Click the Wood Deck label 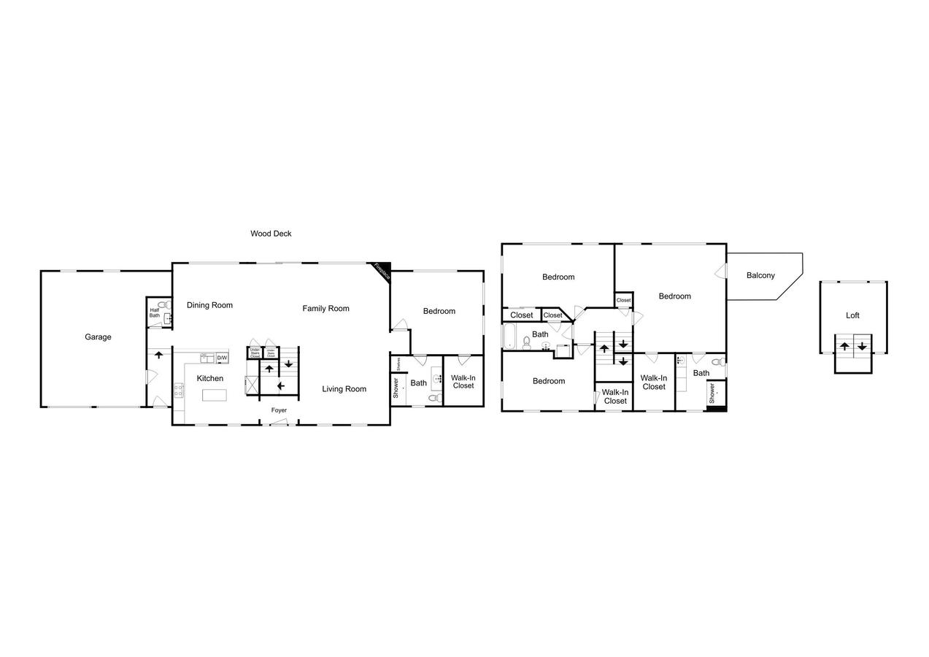pos(271,234)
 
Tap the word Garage pos(98,337)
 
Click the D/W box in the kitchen pos(222,358)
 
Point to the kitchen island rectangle pos(215,395)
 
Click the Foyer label pos(279,410)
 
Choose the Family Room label pos(325,308)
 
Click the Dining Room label pos(209,304)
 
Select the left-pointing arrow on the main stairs pos(280,385)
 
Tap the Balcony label pos(760,275)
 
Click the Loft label pos(852,315)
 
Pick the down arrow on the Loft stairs pos(862,346)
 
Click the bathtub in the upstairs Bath pos(509,337)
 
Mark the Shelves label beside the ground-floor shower pos(398,363)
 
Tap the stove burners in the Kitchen pos(179,390)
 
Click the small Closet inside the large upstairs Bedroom pos(623,300)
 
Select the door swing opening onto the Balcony pos(721,271)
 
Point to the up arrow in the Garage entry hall pos(158,354)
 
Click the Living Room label pos(344,389)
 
